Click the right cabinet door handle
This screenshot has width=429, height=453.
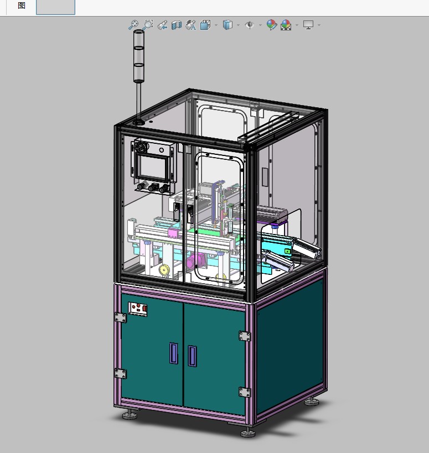click(x=192, y=356)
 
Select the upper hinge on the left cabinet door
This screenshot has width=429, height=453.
click(x=120, y=317)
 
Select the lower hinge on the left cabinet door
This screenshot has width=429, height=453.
click(x=120, y=373)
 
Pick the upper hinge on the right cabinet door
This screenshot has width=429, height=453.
click(x=244, y=336)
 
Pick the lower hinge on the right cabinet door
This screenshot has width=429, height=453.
click(x=244, y=392)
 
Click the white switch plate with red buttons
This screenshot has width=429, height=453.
click(x=138, y=309)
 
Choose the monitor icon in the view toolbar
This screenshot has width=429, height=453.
click(x=308, y=25)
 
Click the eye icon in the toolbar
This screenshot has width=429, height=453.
click(x=249, y=25)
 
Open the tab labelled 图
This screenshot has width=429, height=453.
click(x=22, y=6)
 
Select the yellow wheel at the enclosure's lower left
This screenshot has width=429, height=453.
click(x=164, y=270)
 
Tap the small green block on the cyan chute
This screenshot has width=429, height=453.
click(x=287, y=251)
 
